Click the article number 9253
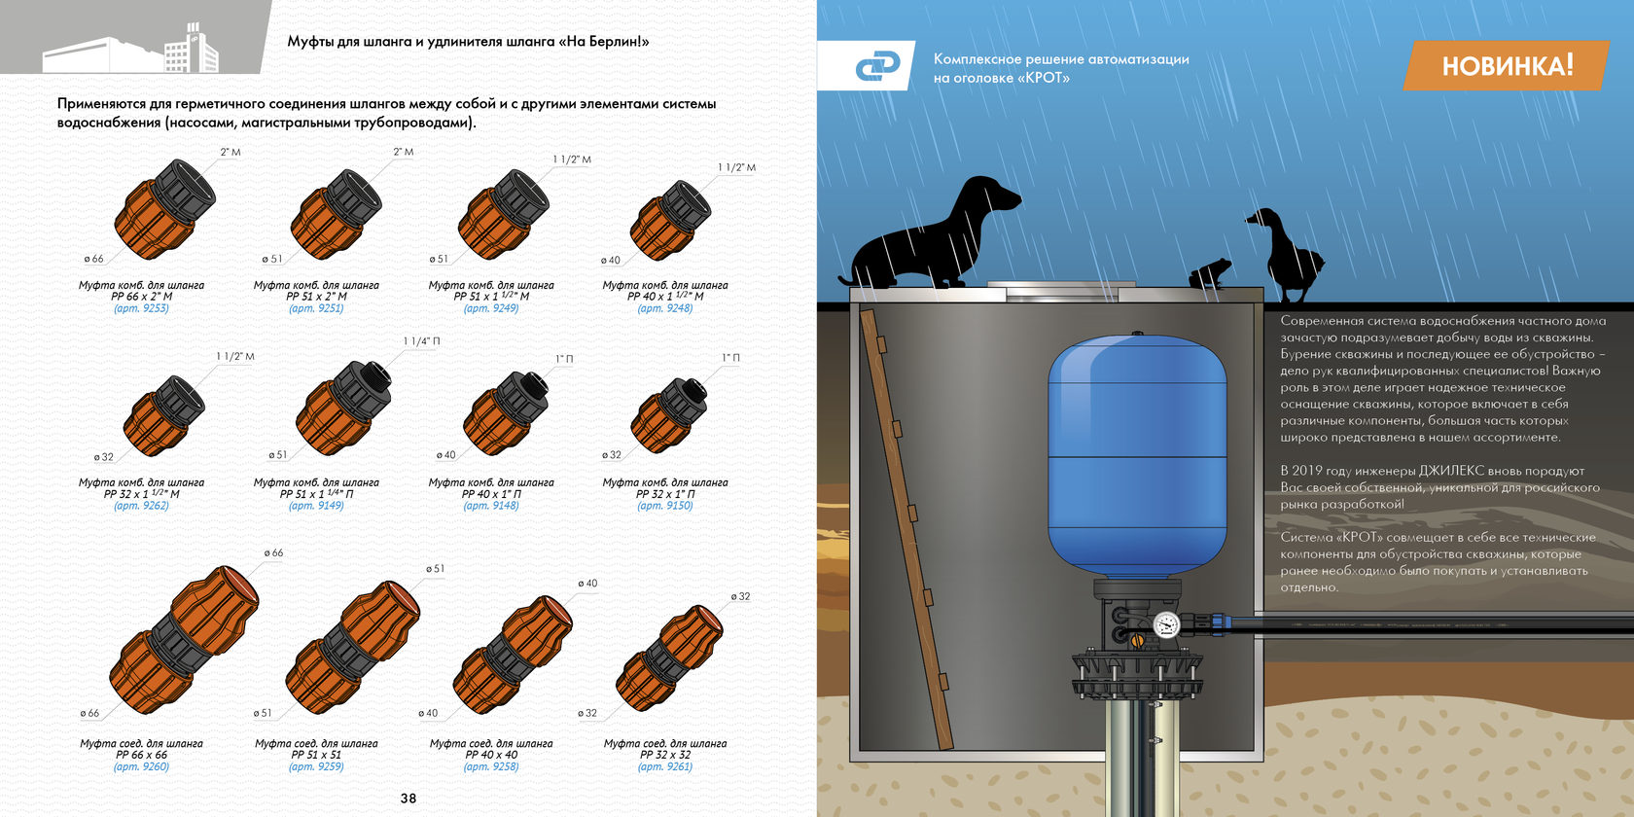tap(142, 308)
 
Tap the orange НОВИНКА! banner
tap(1507, 66)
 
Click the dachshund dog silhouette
tap(930, 231)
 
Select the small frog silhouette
tap(1210, 273)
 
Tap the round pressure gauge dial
tap(1166, 625)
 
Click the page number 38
tap(408, 799)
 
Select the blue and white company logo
tap(877, 66)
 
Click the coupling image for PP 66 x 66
tap(184, 640)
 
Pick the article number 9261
tap(665, 766)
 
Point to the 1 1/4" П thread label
tap(422, 341)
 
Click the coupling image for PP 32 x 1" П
tap(668, 415)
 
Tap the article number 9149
tap(316, 506)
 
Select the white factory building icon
tap(131, 49)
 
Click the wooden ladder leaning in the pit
tap(906, 529)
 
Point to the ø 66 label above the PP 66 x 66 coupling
tap(273, 552)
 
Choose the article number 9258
tap(491, 766)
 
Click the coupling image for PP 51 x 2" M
tap(336, 214)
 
